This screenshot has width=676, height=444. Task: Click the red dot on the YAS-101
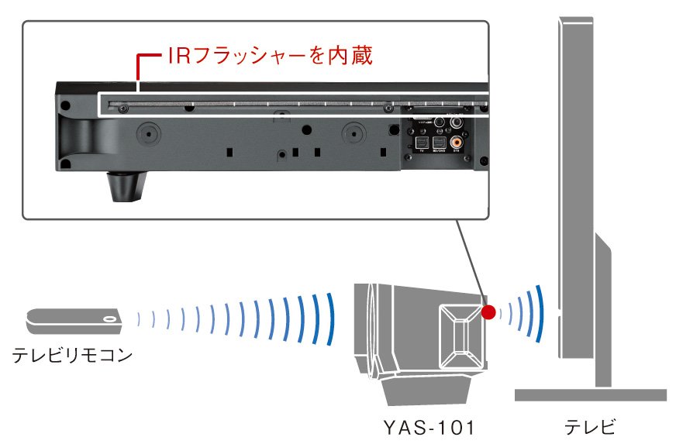[x=488, y=312]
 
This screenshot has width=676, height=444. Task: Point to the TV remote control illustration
[x=74, y=317]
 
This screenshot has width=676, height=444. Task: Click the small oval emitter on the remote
[x=110, y=317]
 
